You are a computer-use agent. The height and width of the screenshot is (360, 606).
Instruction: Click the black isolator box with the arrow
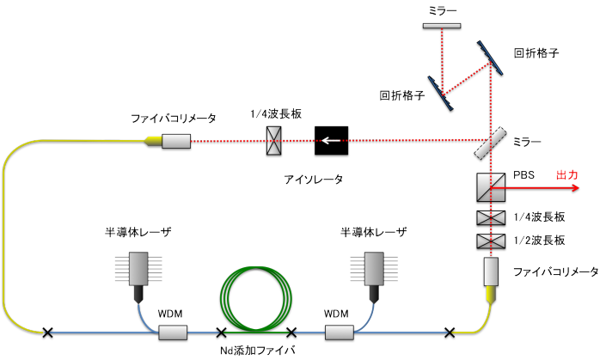[x=332, y=140]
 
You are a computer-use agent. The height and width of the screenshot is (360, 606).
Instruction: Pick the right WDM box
[x=336, y=332]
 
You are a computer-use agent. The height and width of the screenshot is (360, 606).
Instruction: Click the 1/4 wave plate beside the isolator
[x=274, y=140]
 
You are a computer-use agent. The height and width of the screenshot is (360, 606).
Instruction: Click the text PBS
[x=523, y=174]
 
